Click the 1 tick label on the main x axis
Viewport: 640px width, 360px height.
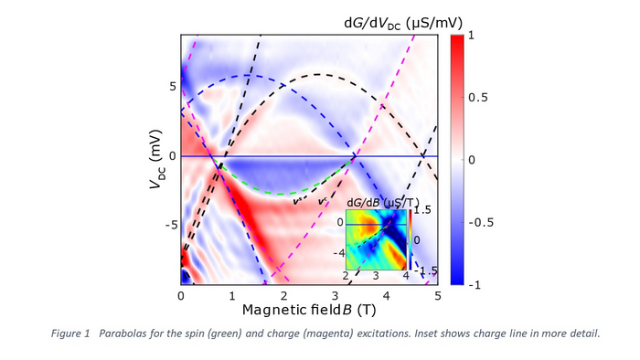pos(233,296)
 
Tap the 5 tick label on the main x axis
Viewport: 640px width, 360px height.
pos(438,296)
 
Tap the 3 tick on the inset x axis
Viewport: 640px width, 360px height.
pos(376,275)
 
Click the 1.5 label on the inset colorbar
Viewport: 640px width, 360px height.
pos(421,210)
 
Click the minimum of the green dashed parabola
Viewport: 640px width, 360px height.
pos(284,194)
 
